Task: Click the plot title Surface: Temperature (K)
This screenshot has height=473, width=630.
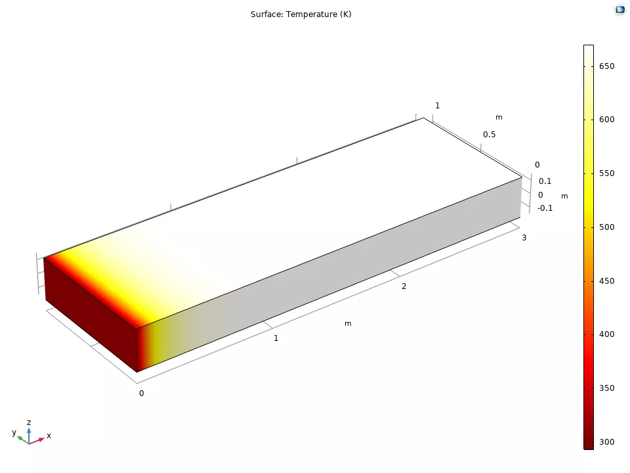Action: pyautogui.click(x=301, y=14)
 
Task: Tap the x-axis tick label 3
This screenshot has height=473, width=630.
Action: pyautogui.click(x=524, y=238)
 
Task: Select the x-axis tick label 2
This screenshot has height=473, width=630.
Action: pyautogui.click(x=404, y=286)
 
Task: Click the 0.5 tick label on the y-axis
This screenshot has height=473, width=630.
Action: pyautogui.click(x=489, y=135)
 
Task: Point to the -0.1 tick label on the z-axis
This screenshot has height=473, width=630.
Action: pyautogui.click(x=545, y=208)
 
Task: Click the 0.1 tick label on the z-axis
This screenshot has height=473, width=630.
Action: pyautogui.click(x=545, y=181)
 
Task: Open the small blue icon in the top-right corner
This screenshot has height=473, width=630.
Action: pyautogui.click(x=619, y=10)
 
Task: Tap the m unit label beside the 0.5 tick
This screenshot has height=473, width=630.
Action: pyautogui.click(x=499, y=118)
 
